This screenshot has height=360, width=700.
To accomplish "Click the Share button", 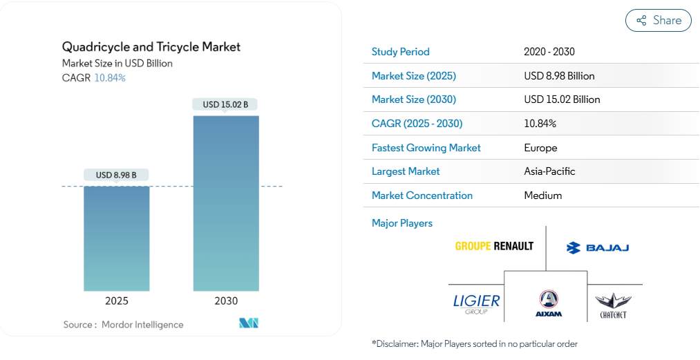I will (x=658, y=21).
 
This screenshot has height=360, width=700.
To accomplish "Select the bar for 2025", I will (x=116, y=238).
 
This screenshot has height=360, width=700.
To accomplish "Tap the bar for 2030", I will (x=226, y=203).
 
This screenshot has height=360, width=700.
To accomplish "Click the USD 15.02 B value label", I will (x=226, y=105).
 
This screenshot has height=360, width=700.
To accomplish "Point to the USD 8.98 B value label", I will (x=116, y=175).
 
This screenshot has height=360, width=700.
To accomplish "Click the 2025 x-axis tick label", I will (x=116, y=301).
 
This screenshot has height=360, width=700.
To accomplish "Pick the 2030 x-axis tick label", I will (x=226, y=301).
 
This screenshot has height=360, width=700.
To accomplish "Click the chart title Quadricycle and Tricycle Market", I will (x=151, y=47).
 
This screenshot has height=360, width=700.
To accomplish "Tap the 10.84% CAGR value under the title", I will (x=110, y=78).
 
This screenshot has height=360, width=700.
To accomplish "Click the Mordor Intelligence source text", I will (x=142, y=324).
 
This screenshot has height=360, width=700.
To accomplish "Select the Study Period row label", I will (x=401, y=52).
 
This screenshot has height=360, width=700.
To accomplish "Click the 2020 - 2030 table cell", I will (x=549, y=52).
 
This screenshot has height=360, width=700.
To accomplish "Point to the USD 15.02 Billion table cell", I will (x=562, y=100).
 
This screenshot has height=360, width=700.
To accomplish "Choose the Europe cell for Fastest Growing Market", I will (x=540, y=148).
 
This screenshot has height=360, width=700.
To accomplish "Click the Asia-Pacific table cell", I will (x=549, y=171).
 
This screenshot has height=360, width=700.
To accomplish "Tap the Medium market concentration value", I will (x=543, y=196).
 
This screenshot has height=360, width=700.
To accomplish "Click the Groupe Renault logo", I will (x=494, y=246).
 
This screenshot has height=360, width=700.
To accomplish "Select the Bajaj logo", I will (x=597, y=247).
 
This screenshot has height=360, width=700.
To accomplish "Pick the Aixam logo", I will (x=548, y=303).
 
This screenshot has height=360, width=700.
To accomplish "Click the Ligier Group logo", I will (x=476, y=303).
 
